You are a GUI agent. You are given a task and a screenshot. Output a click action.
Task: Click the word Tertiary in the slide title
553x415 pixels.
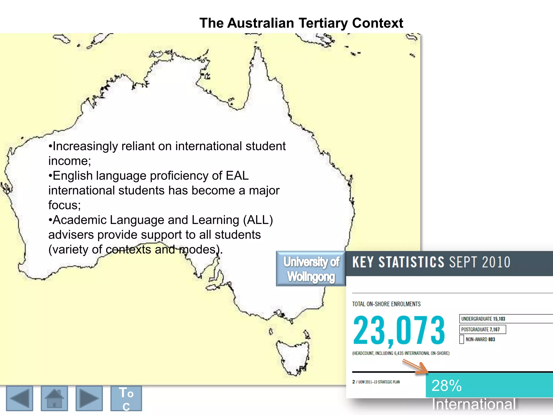click(x=323, y=23)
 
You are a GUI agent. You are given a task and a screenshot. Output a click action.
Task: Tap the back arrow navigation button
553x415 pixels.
click(x=19, y=398)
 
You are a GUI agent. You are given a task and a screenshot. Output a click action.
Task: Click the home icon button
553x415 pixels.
click(x=54, y=398)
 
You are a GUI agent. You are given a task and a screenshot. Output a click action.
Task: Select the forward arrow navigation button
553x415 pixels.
click(x=89, y=398)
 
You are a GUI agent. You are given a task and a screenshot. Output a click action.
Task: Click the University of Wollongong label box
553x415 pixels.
click(x=311, y=269)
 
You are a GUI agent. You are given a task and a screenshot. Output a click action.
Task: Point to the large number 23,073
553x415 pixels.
click(x=399, y=331)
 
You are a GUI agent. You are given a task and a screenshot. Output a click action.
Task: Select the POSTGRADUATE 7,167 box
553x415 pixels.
click(x=482, y=329)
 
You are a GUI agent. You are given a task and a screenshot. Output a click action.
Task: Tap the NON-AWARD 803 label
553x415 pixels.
click(x=480, y=339)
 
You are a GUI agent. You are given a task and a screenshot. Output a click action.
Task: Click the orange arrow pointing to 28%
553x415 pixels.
click(x=416, y=367)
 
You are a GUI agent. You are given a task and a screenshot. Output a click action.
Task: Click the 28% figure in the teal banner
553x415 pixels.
click(x=447, y=386)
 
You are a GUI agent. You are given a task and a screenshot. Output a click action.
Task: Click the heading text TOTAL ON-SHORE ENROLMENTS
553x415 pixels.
click(x=386, y=304)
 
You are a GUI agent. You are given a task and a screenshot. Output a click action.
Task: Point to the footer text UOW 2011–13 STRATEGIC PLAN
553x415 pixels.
click(x=379, y=382)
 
